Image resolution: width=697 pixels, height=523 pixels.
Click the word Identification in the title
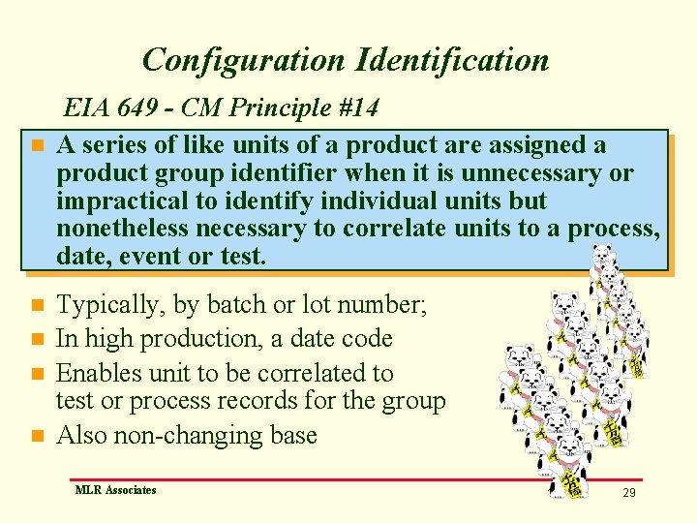[x=453, y=60]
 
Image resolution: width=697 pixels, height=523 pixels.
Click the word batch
[x=239, y=305]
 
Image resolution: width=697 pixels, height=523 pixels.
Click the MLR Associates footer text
[x=115, y=490]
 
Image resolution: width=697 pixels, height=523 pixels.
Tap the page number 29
[x=629, y=493]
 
